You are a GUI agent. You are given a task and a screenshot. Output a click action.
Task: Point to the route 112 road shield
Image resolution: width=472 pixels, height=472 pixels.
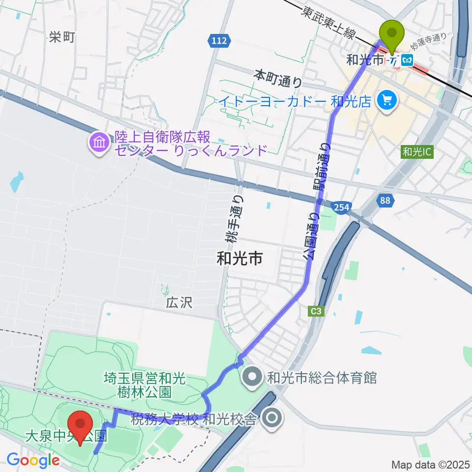[x=219, y=41]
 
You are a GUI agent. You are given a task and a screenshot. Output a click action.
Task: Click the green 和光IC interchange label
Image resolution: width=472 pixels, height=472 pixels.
[x=416, y=152]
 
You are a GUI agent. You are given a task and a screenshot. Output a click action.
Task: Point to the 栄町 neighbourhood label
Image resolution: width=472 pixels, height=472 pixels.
[x=62, y=37]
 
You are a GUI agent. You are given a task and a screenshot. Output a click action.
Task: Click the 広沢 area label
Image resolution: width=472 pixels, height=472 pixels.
[x=179, y=302]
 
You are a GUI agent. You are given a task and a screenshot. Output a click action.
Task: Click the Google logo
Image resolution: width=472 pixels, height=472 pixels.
[x=33, y=460]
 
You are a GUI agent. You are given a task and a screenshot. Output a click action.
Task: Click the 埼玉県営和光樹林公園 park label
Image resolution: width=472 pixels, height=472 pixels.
[x=144, y=385]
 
